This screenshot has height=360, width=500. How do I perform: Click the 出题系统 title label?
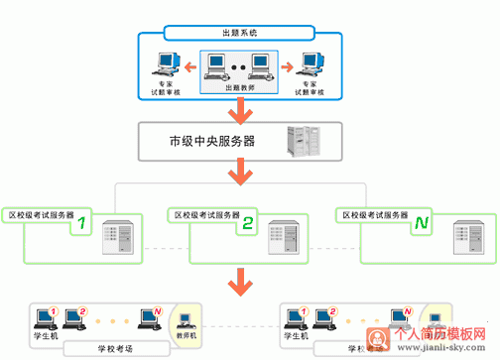click(240, 34)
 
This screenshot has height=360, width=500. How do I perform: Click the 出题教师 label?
click(240, 88)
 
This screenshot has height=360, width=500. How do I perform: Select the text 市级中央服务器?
click(211, 141)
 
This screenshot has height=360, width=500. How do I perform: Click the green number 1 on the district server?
click(84, 224)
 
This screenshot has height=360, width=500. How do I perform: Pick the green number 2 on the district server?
click(248, 224)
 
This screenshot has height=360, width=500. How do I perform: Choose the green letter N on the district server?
click(421, 224)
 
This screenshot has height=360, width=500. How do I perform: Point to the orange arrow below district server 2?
click(240, 280)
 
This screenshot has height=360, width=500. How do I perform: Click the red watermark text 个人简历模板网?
click(441, 335)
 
